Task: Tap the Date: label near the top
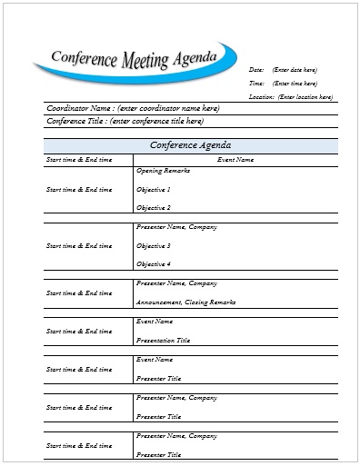[x=255, y=69]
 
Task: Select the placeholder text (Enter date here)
[x=295, y=69]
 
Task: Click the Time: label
[x=255, y=83]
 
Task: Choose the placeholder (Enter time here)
[x=295, y=83]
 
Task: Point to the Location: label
[x=261, y=96]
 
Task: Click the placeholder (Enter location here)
[x=305, y=96]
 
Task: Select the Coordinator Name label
[x=79, y=108]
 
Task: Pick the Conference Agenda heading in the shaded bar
[x=190, y=145]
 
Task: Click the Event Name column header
[x=235, y=160]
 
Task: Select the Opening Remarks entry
[x=160, y=171]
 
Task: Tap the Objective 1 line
[x=153, y=189]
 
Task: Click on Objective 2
[x=153, y=208]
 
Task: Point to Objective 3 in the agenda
[x=153, y=245]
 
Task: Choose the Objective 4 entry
[x=153, y=264]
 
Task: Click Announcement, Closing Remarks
[x=185, y=302]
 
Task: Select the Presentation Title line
[x=163, y=340]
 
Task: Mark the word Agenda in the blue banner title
[x=196, y=57]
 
